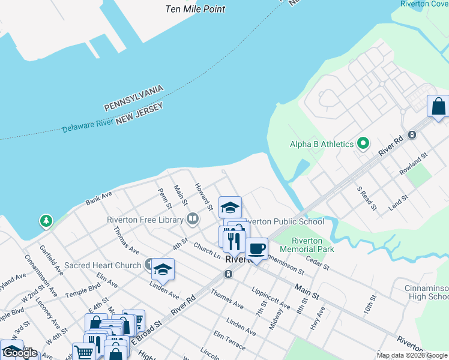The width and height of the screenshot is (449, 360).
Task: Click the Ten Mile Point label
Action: [x=196, y=9]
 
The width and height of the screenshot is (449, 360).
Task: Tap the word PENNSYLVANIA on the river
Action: [x=134, y=98]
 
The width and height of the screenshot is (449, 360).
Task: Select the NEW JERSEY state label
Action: [x=140, y=113]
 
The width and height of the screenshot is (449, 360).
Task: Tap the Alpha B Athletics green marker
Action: [x=363, y=144]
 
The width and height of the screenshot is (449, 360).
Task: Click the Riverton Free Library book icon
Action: [x=193, y=220]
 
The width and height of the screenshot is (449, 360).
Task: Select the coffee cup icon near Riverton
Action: [x=256, y=248]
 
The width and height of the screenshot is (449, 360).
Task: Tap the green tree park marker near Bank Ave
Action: [x=46, y=221]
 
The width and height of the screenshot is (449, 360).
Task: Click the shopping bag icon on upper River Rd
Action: [x=438, y=106]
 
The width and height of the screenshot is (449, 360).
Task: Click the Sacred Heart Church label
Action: [x=102, y=265]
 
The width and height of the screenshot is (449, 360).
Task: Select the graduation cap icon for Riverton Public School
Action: [x=229, y=208]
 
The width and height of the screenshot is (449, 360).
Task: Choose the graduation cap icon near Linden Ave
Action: [x=163, y=269]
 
